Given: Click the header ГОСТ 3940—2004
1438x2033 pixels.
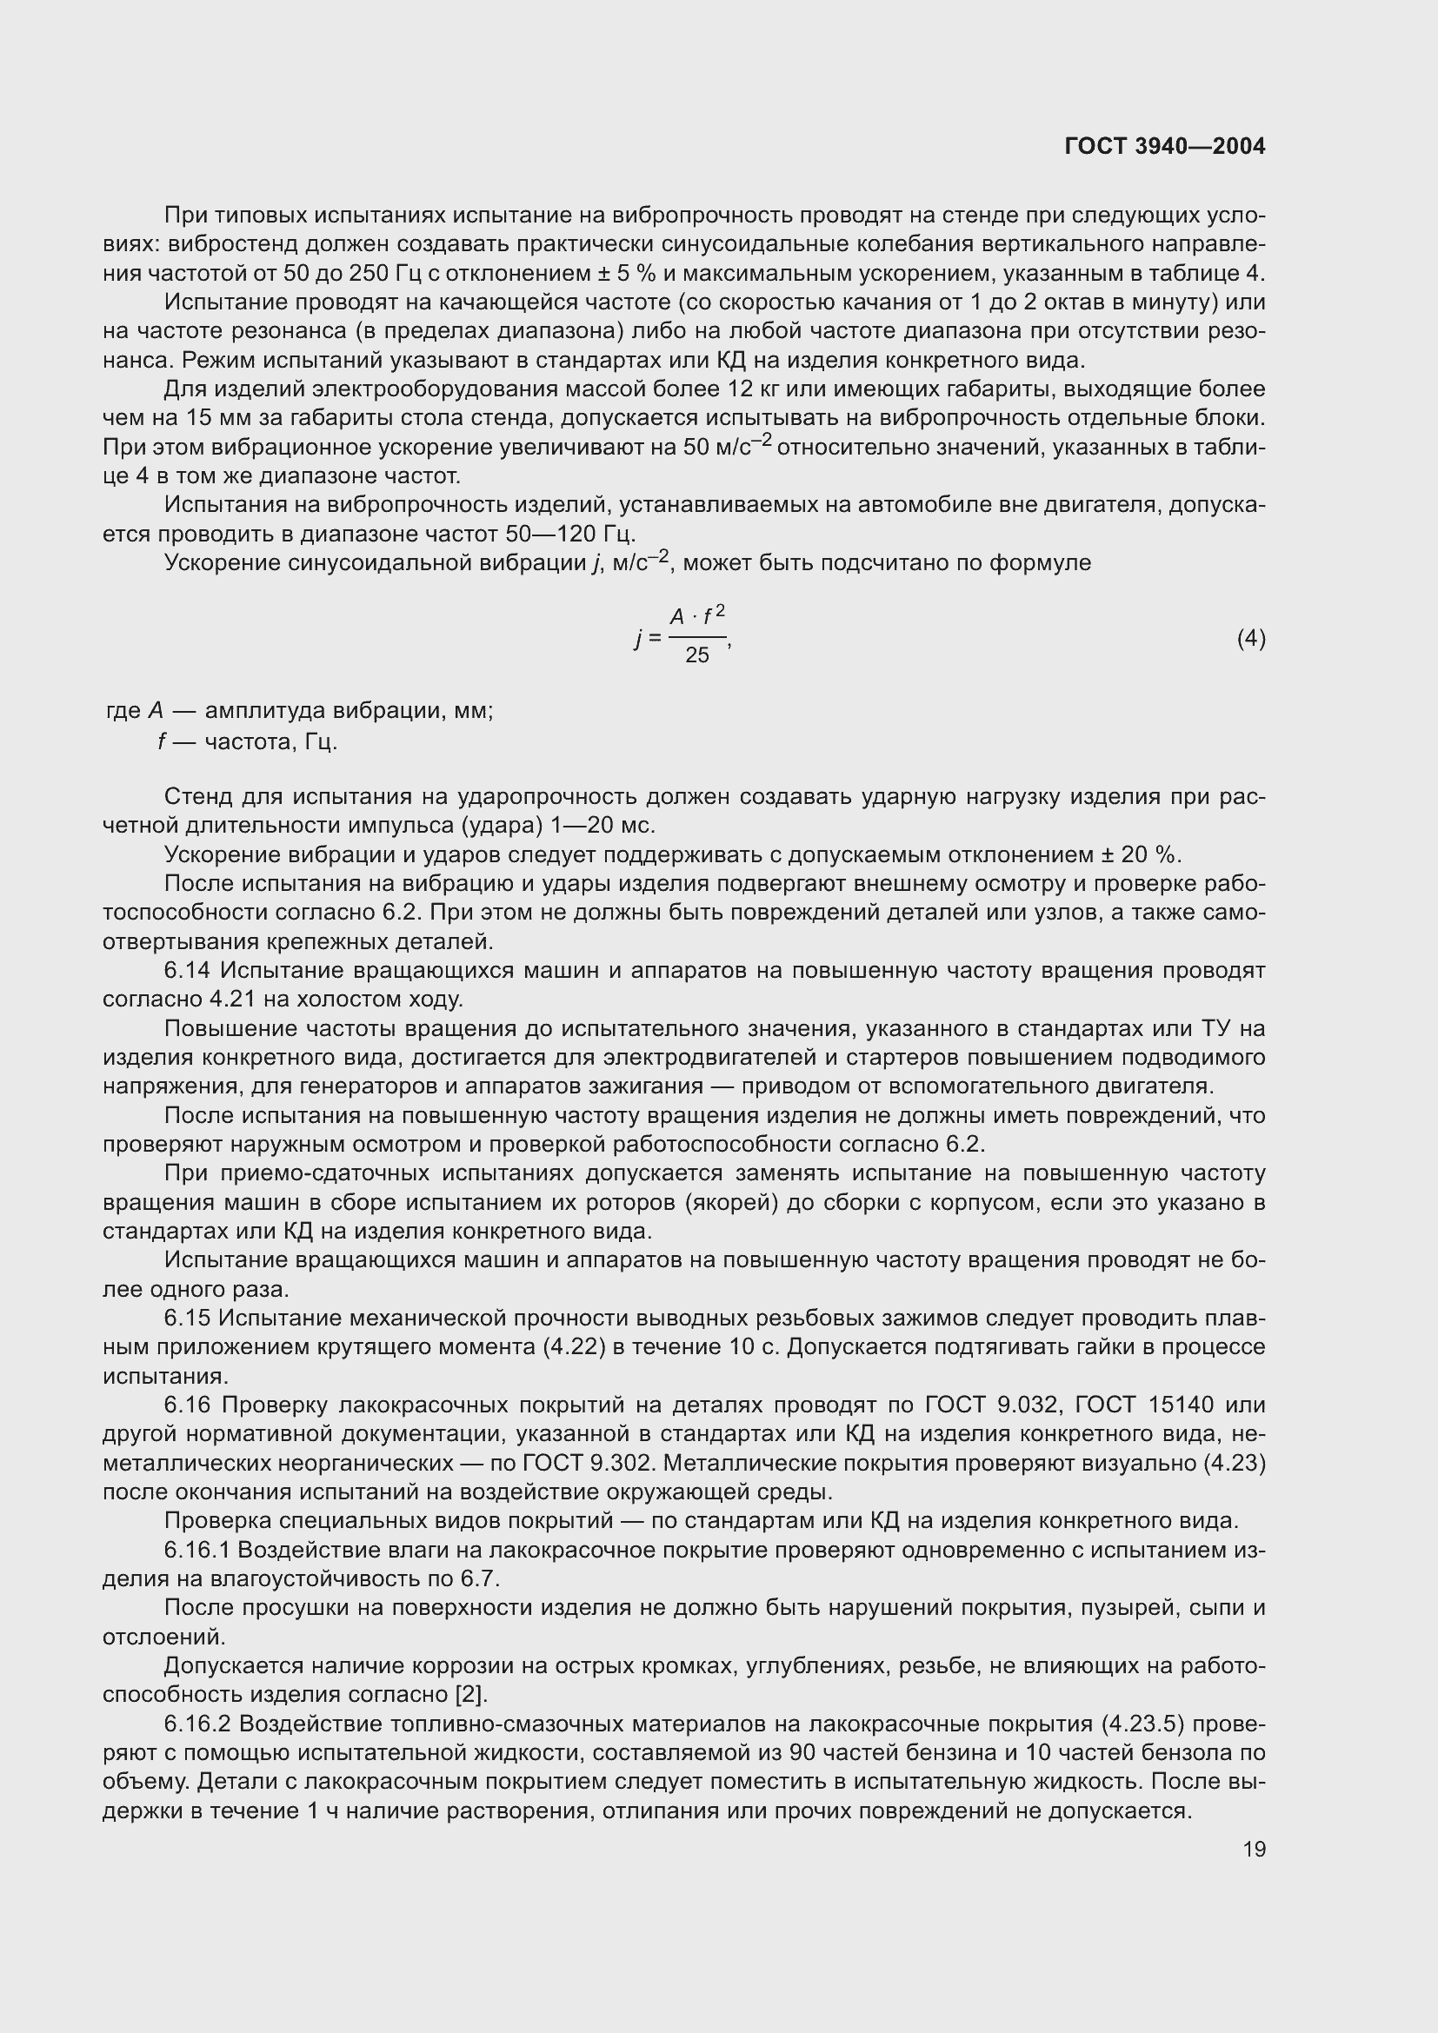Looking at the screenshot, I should pyautogui.click(x=1164, y=146).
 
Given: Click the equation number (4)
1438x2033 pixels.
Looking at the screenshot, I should pyautogui.click(x=1250, y=639).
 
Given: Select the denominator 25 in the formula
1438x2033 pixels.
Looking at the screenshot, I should pyautogui.click(x=697, y=656).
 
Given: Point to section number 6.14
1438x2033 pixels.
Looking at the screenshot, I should pyautogui.click(x=187, y=971).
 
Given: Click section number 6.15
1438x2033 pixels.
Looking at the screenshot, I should pyautogui.click(x=187, y=1319).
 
